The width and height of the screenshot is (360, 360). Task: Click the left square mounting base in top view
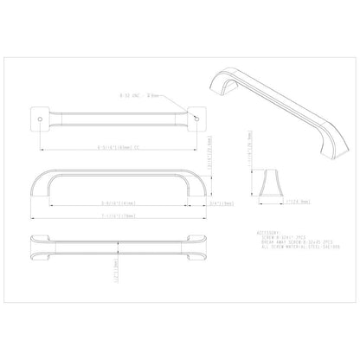(x=40, y=116)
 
